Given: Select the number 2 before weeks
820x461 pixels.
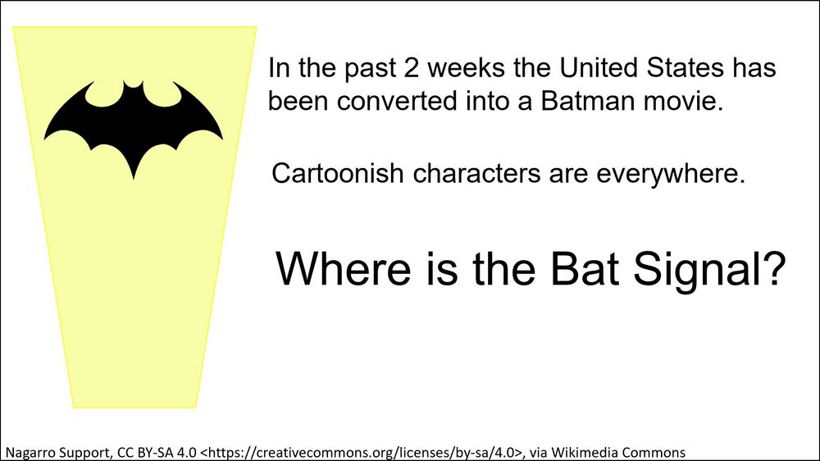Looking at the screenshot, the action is pyautogui.click(x=411, y=68).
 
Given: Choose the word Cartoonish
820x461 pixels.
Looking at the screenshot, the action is pyautogui.click(x=337, y=173).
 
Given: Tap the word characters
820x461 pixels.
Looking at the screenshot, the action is pyautogui.click(x=476, y=173).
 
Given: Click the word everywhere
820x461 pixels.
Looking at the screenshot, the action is pyautogui.click(x=671, y=174).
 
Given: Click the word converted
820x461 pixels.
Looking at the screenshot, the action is pyautogui.click(x=397, y=101).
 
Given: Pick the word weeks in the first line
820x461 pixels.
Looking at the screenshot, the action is pyautogui.click(x=466, y=67).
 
